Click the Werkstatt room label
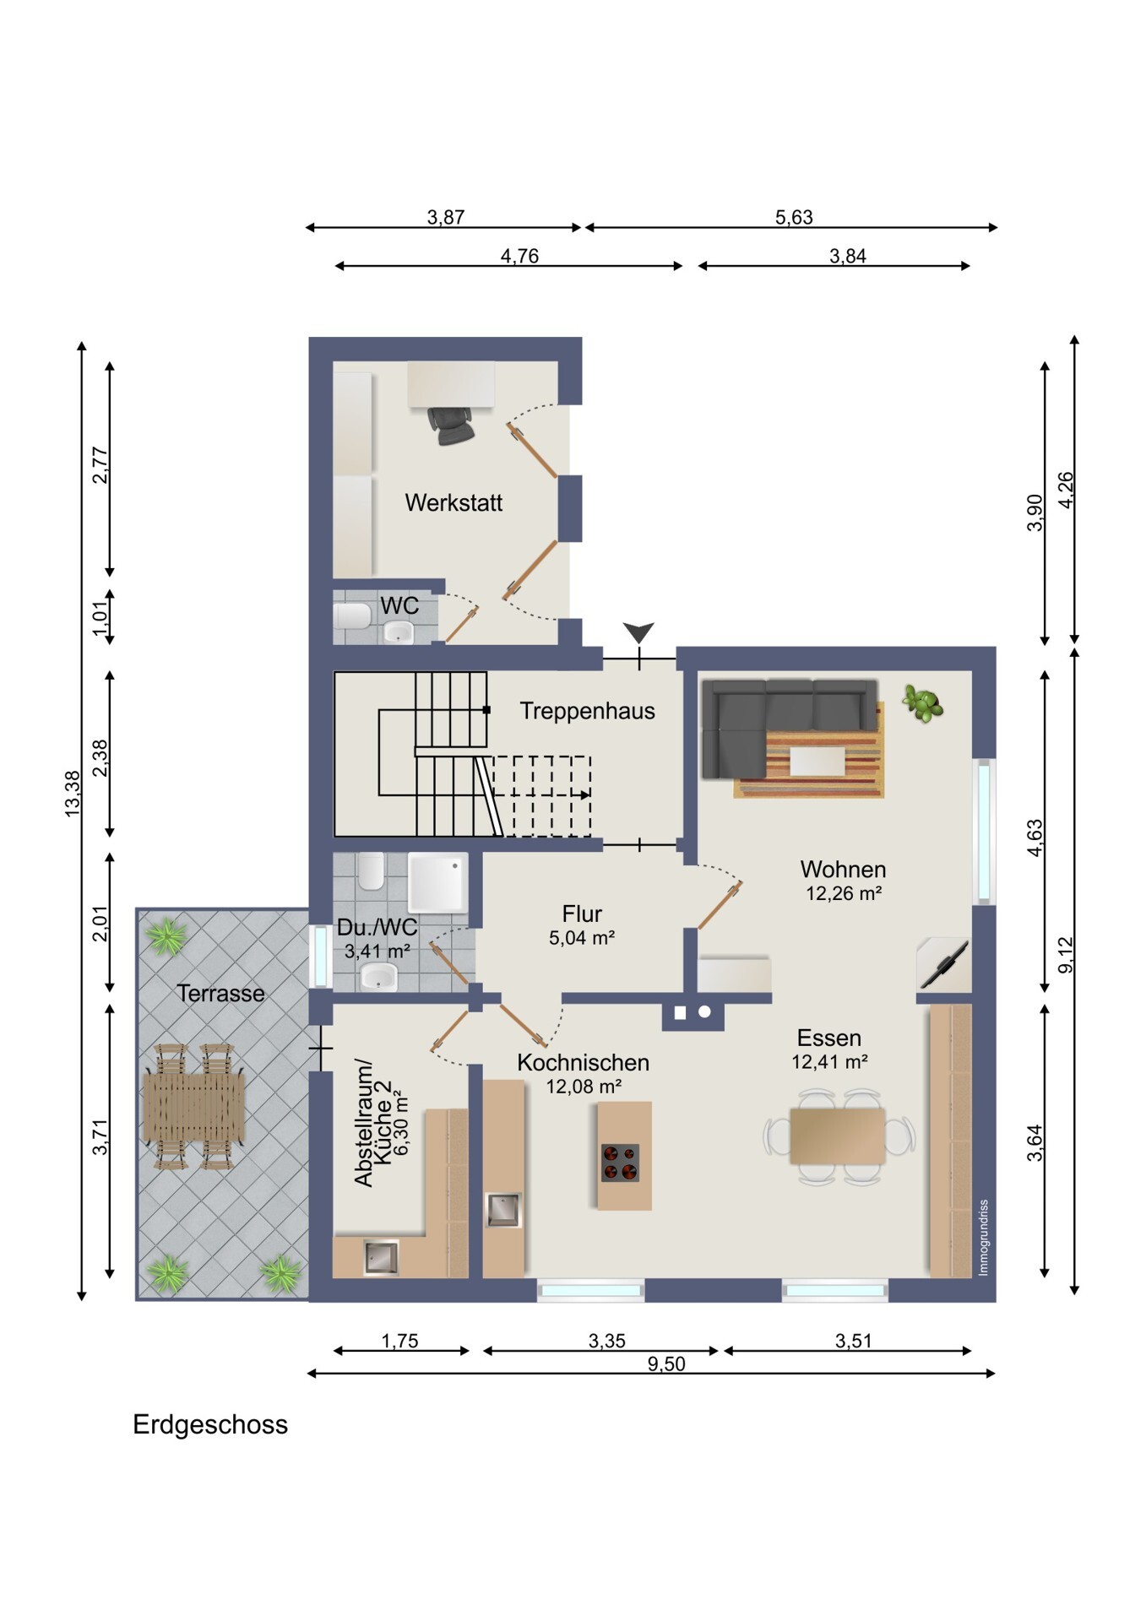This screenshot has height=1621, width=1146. pyautogui.click(x=454, y=503)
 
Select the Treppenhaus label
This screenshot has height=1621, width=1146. pyautogui.click(x=587, y=711)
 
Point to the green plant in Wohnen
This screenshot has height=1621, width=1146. pyautogui.click(x=923, y=703)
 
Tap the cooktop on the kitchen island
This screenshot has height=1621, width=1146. pyautogui.click(x=620, y=1163)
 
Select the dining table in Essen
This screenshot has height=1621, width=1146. pyautogui.click(x=838, y=1136)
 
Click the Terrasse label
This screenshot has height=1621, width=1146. pyautogui.click(x=220, y=994)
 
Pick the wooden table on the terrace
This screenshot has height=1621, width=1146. pyautogui.click(x=194, y=1106)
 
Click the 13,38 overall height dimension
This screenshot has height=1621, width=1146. pyautogui.click(x=73, y=794)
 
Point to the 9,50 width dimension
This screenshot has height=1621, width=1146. pyautogui.click(x=666, y=1364)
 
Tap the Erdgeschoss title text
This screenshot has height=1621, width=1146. pyautogui.click(x=210, y=1425)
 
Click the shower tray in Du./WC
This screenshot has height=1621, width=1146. pyautogui.click(x=437, y=883)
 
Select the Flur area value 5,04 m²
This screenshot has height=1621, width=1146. pyautogui.click(x=582, y=937)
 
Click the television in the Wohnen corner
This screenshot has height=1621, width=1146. pyautogui.click(x=944, y=962)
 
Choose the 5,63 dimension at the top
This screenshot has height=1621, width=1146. pyautogui.click(x=794, y=217)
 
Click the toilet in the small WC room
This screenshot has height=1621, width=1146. pyautogui.click(x=352, y=616)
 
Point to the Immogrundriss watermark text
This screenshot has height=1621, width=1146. pyautogui.click(x=983, y=1238)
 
